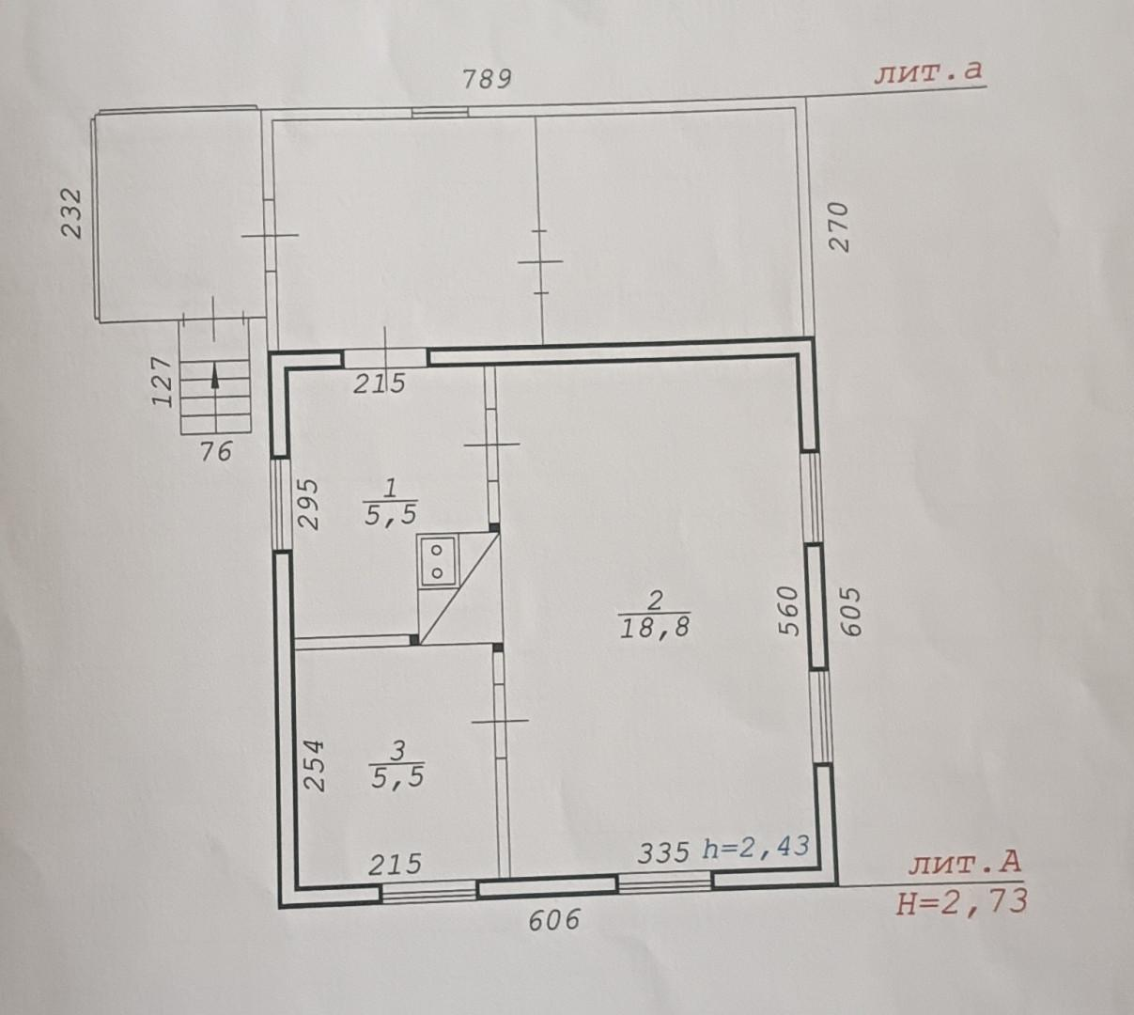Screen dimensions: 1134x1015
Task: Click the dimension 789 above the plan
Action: click(487, 79)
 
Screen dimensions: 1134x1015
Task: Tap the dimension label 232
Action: click(71, 214)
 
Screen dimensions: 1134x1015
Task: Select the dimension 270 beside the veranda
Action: click(839, 226)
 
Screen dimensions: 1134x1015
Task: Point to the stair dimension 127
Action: click(163, 382)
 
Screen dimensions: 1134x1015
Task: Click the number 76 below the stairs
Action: click(216, 451)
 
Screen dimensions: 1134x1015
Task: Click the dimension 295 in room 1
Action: click(308, 504)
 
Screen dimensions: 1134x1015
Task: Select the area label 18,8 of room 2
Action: click(655, 628)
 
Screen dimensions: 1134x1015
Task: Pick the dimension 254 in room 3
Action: click(314, 765)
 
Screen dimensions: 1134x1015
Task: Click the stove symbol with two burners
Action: click(438, 561)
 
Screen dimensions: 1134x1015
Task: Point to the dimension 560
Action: click(787, 611)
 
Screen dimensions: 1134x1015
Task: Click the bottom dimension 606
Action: click(554, 920)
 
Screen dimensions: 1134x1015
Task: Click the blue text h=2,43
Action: click(756, 847)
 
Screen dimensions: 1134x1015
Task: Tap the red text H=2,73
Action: click(962, 902)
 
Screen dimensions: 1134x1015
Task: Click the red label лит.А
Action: click(965, 864)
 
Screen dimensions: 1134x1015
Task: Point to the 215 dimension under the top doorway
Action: click(380, 383)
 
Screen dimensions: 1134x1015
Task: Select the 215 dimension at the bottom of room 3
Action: click(395, 865)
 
